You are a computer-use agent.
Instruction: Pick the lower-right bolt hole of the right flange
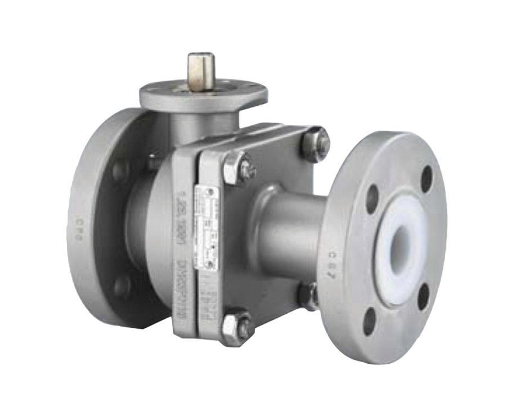click(424, 296)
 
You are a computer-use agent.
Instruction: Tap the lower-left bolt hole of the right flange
click(370, 320)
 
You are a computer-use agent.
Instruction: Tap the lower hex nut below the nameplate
click(230, 324)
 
